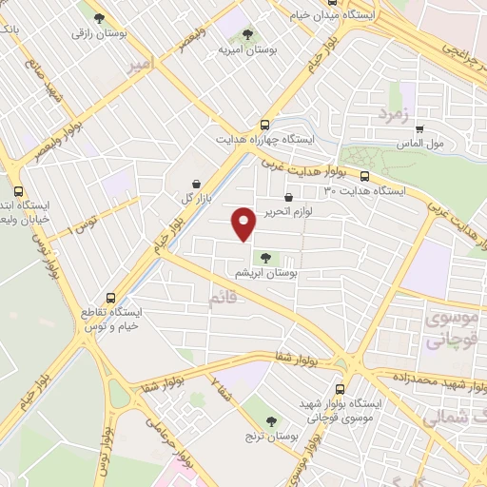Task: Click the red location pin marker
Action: pos(244,223)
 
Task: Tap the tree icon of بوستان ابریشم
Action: pos(265,256)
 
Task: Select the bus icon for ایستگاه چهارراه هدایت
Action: pos(264,125)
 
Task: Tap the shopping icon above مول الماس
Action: pos(419,130)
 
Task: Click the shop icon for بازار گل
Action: pos(195,183)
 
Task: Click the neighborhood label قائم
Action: pos(221,301)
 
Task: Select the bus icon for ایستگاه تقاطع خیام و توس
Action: pos(112,297)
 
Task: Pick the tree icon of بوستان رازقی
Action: pos(98,16)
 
